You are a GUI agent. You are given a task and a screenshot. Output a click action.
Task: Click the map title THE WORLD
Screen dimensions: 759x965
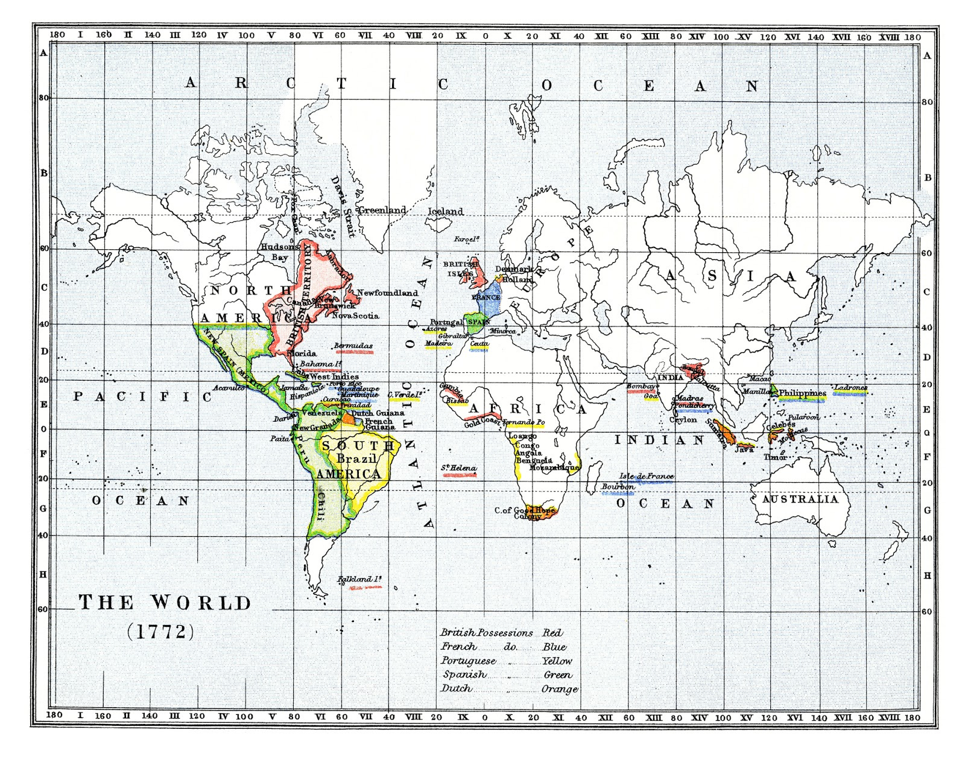[165, 603]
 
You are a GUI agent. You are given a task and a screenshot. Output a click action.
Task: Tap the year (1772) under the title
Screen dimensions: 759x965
[161, 631]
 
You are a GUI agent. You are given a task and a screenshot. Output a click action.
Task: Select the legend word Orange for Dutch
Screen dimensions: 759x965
[559, 689]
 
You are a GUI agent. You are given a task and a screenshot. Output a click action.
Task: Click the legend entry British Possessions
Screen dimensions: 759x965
[486, 633]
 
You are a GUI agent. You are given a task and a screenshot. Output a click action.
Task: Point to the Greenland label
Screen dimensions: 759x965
[382, 210]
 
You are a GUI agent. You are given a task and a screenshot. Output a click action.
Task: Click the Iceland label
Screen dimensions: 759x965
[445, 211]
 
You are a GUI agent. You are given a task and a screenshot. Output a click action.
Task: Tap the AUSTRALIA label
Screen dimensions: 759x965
[800, 499]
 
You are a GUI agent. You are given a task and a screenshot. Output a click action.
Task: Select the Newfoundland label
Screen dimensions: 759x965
[387, 293]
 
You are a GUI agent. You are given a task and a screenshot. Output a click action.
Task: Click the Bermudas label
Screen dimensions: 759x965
[354, 346]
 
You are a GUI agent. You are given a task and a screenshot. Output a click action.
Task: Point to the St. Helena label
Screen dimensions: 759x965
[459, 468]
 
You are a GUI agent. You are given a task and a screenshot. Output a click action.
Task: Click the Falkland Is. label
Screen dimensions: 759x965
[359, 579]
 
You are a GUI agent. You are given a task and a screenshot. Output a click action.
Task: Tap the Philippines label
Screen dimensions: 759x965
[802, 393]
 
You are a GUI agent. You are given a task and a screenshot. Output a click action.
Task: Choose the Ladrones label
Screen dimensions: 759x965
[850, 387]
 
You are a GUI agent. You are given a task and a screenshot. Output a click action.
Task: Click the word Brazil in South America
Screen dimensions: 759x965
[356, 459]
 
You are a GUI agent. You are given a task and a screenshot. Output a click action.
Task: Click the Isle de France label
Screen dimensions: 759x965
[647, 476]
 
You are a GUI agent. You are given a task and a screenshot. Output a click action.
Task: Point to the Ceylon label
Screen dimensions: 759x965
[683, 419]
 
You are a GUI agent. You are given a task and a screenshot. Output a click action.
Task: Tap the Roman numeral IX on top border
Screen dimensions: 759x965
[461, 36]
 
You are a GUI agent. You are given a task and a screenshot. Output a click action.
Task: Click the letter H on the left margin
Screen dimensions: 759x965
[43, 574]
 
